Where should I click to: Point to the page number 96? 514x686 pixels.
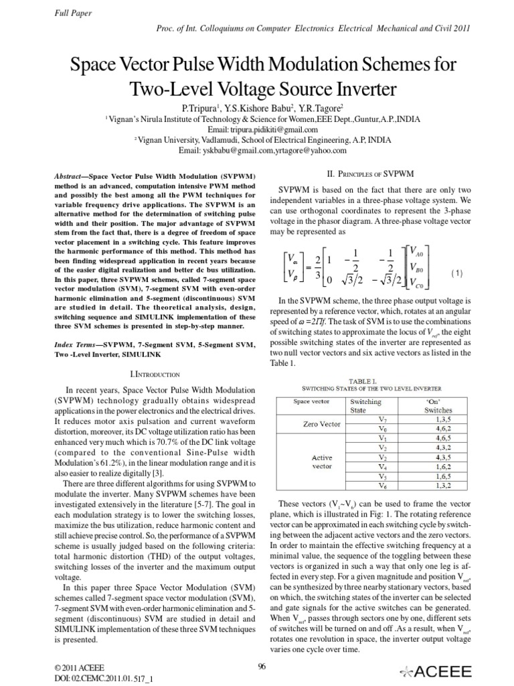tap(262, 665)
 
